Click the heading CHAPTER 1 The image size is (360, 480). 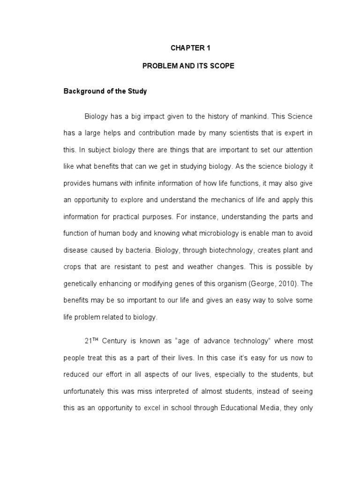click(x=188, y=48)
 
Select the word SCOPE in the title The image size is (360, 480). click(x=223, y=66)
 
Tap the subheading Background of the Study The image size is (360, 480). click(x=105, y=91)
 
